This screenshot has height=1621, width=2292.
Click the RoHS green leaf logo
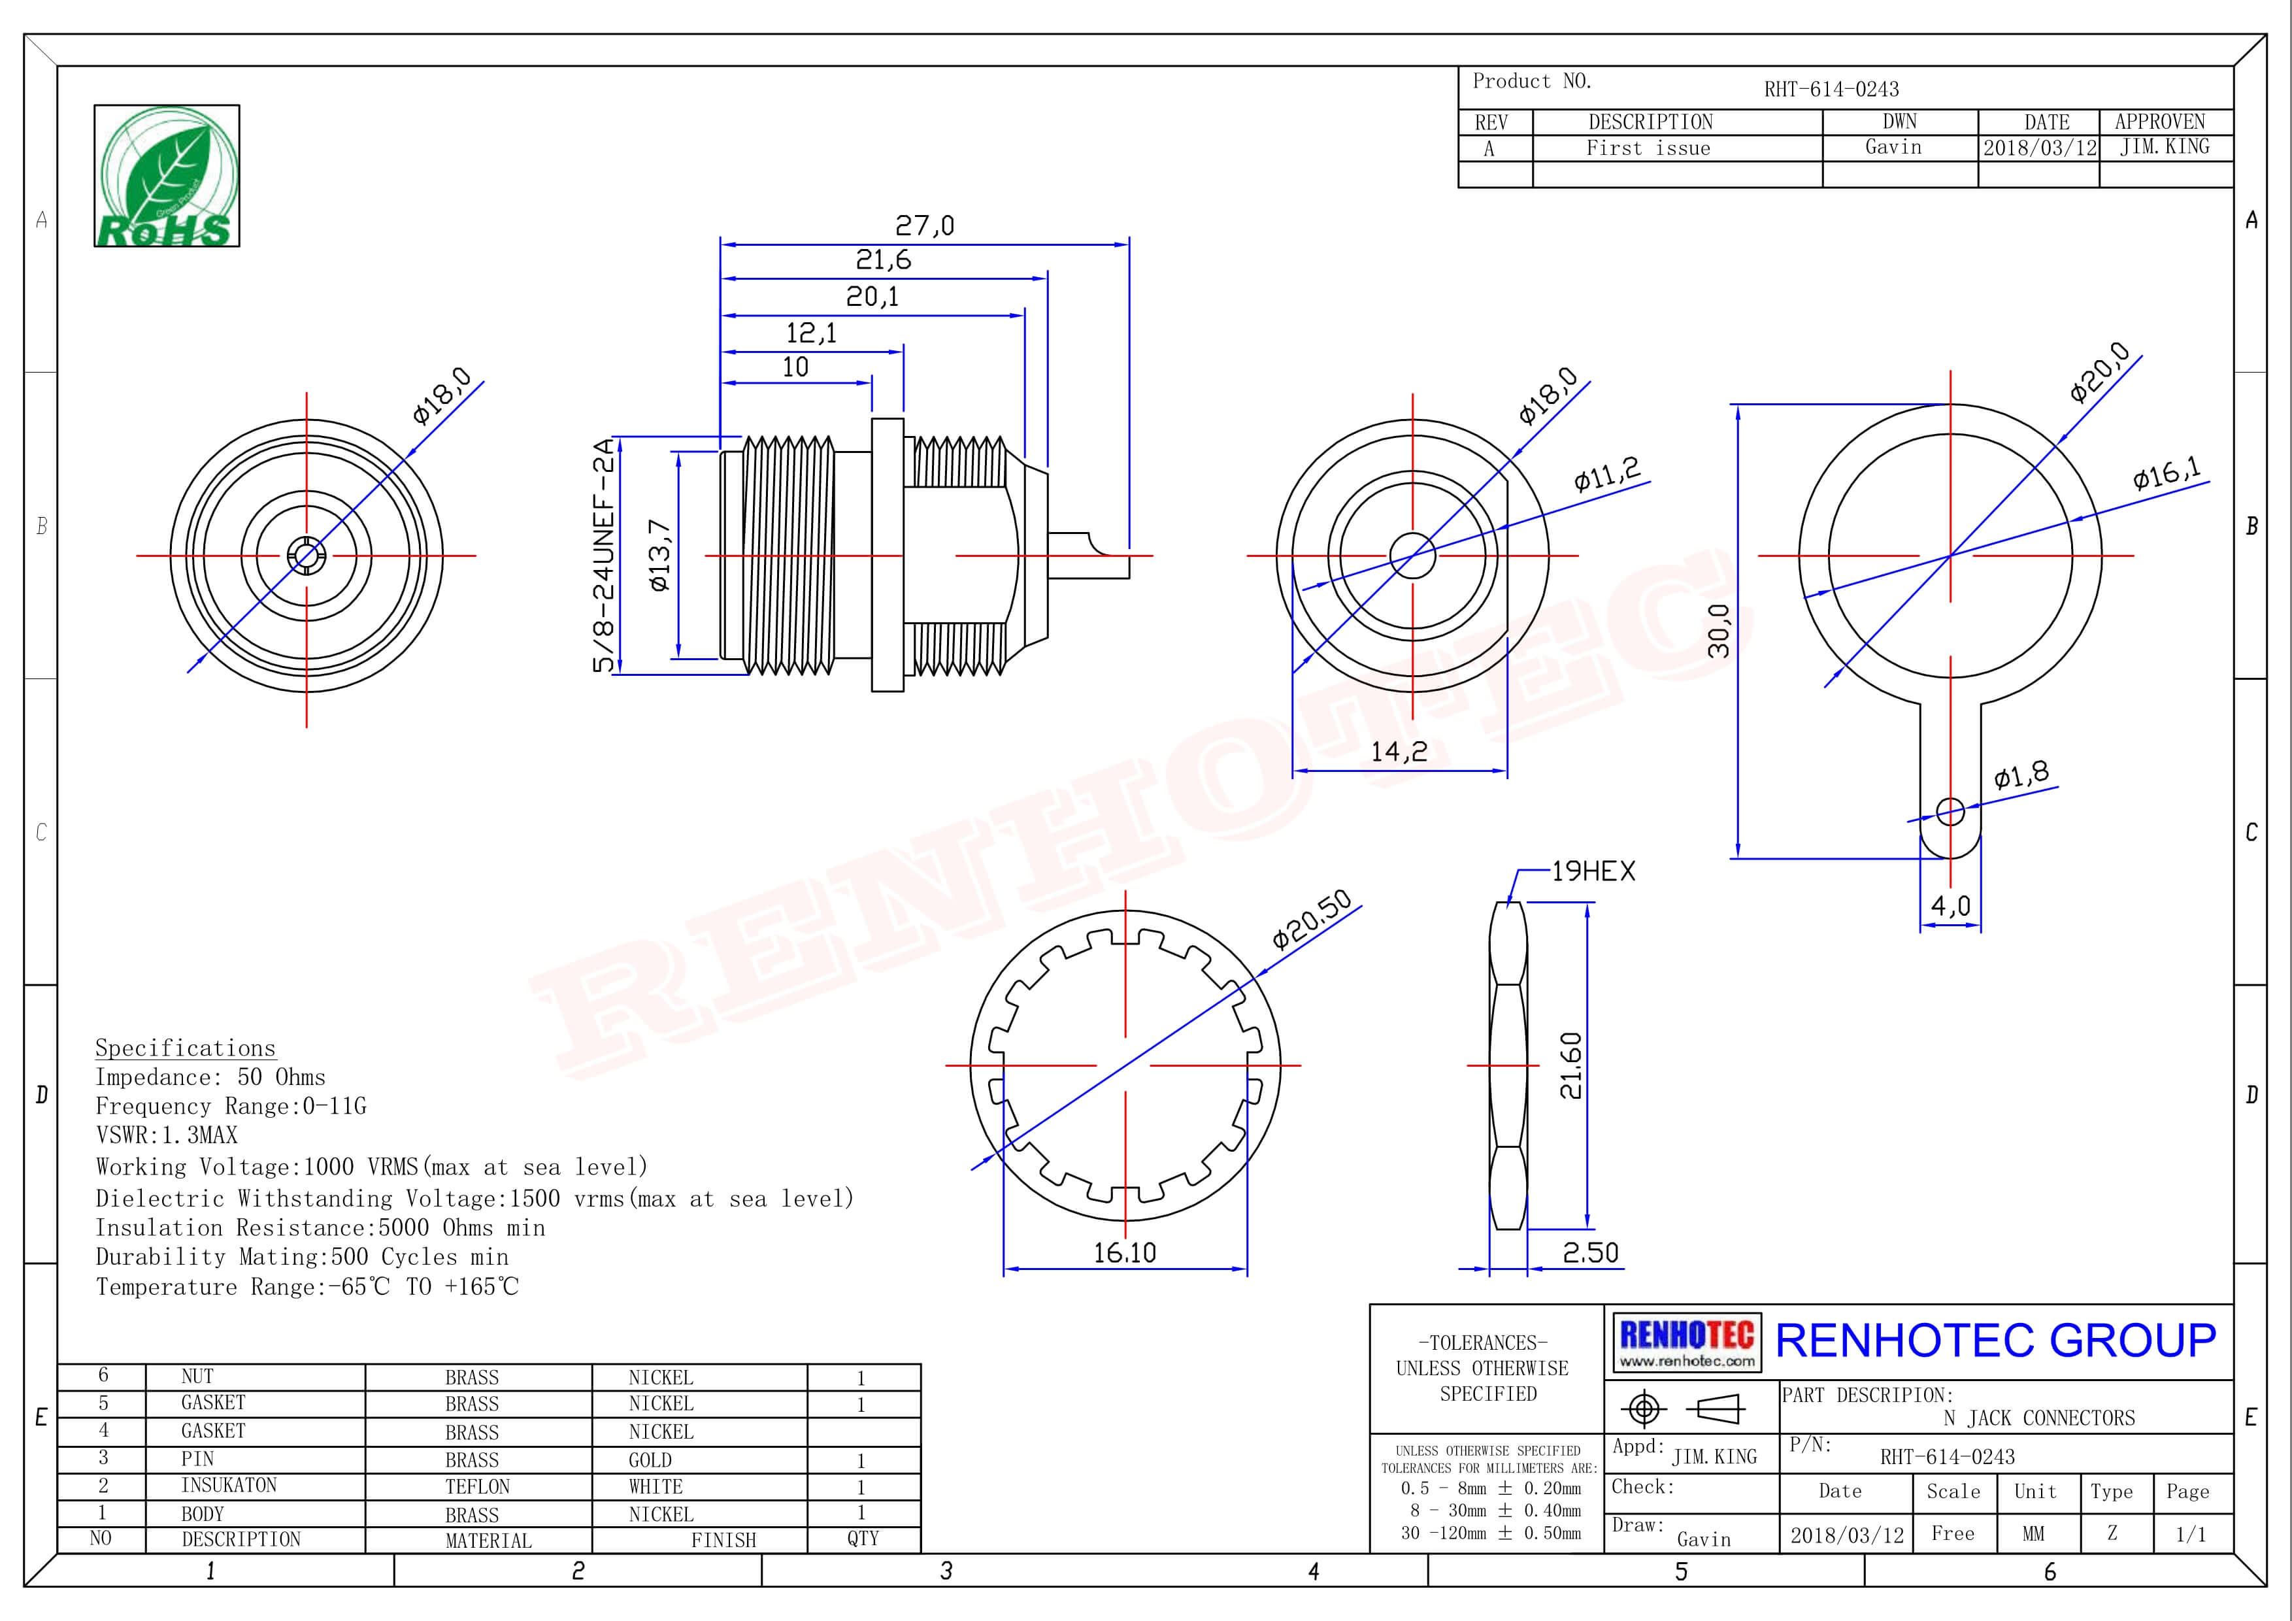[x=167, y=176]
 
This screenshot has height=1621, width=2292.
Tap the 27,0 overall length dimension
[x=924, y=226]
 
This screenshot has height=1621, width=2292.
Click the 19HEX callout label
[x=1593, y=871]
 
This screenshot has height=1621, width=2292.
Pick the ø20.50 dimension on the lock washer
[x=1312, y=918]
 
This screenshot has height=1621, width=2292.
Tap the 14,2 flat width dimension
[x=1399, y=752]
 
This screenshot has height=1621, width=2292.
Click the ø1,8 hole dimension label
[x=2021, y=775]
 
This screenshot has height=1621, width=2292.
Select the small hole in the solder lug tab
[x=1950, y=812]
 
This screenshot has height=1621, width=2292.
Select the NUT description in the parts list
[x=197, y=1377]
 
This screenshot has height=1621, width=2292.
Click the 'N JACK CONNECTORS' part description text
[x=2038, y=1417]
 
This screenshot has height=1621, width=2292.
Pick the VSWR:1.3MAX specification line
[x=167, y=1135]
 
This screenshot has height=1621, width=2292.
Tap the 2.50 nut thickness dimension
[x=1590, y=1253]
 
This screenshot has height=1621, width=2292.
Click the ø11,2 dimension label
[x=1606, y=473]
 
